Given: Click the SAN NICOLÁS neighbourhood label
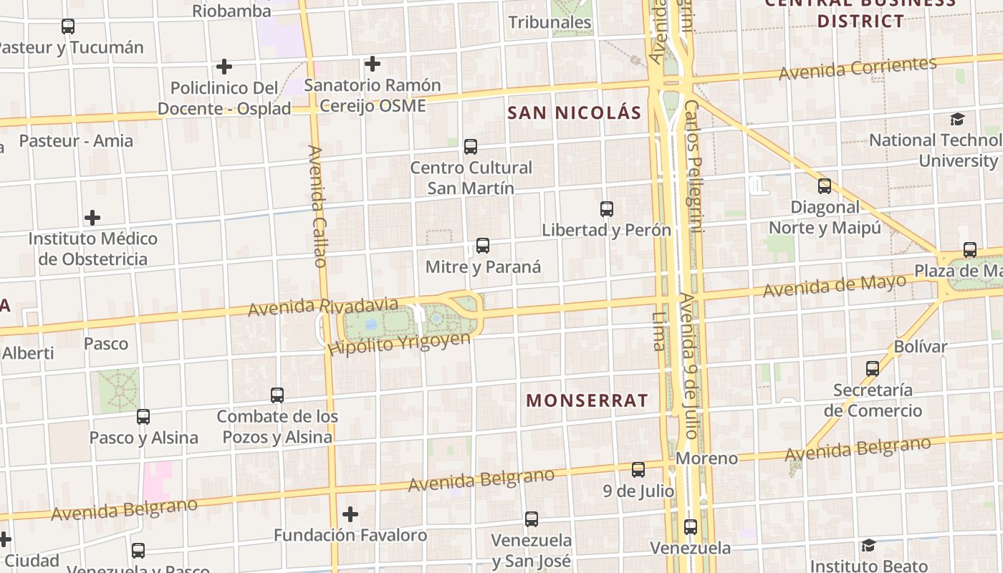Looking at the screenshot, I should (x=575, y=112).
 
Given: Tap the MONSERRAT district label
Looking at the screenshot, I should (x=587, y=400).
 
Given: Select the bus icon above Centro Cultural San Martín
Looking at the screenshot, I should (x=471, y=147).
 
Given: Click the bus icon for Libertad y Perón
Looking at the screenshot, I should (x=607, y=209).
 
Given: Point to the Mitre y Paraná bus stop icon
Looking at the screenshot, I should (x=483, y=246).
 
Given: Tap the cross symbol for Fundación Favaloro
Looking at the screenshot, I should (x=350, y=514).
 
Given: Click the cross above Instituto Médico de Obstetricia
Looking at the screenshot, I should (x=92, y=217).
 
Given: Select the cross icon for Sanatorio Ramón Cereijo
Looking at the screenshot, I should (x=372, y=64).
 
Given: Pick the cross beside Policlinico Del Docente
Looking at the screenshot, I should (x=224, y=67).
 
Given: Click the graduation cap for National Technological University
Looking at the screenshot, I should (x=958, y=119).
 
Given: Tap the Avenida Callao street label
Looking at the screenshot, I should (x=317, y=206).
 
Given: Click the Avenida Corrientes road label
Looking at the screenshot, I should (x=858, y=69).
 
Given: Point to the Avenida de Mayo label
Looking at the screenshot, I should (x=835, y=286).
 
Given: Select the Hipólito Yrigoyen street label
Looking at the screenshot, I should (x=399, y=343).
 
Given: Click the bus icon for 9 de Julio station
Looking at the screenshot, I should (x=638, y=470).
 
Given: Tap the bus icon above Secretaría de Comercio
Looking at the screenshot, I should (x=873, y=369).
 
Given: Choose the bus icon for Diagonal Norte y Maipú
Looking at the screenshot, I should (x=825, y=186).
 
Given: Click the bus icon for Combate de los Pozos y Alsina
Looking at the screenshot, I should (x=277, y=395).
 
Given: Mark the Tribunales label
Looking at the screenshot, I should (x=550, y=22).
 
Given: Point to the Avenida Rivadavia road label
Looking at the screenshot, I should (x=322, y=307).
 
